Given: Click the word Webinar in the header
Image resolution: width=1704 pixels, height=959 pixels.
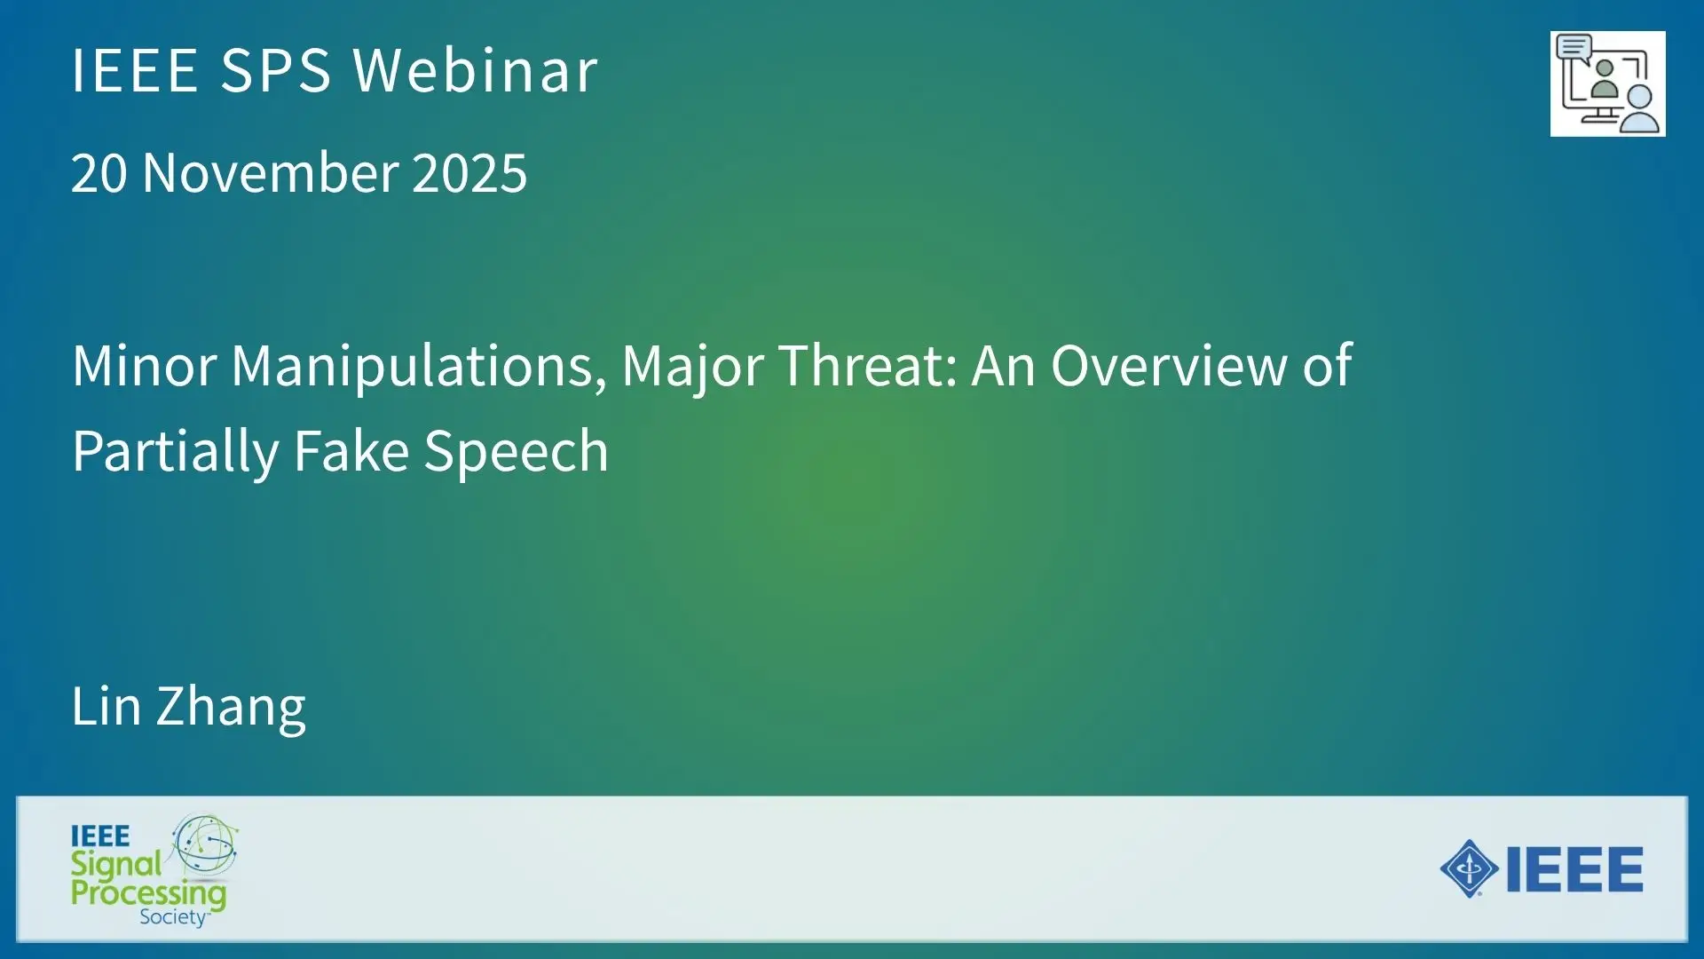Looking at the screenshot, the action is tap(476, 70).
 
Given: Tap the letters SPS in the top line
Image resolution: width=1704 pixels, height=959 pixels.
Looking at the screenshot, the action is tap(275, 70).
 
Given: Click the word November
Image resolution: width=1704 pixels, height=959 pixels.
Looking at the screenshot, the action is tap(270, 172).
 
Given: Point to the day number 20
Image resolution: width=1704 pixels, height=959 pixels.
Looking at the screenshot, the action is tap(99, 172).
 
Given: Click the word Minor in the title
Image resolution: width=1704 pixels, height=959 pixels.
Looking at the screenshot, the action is tap(145, 365).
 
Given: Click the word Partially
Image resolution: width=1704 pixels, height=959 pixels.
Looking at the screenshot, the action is tap(176, 453).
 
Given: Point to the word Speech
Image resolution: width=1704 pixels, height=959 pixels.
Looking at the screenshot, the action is tap(517, 453).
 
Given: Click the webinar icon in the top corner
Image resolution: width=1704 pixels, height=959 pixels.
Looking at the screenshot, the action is tap(1607, 83).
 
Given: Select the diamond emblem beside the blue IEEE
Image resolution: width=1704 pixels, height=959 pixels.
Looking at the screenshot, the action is tap(1470, 868).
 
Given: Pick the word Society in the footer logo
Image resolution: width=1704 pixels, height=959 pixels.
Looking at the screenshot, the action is tap(173, 917).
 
